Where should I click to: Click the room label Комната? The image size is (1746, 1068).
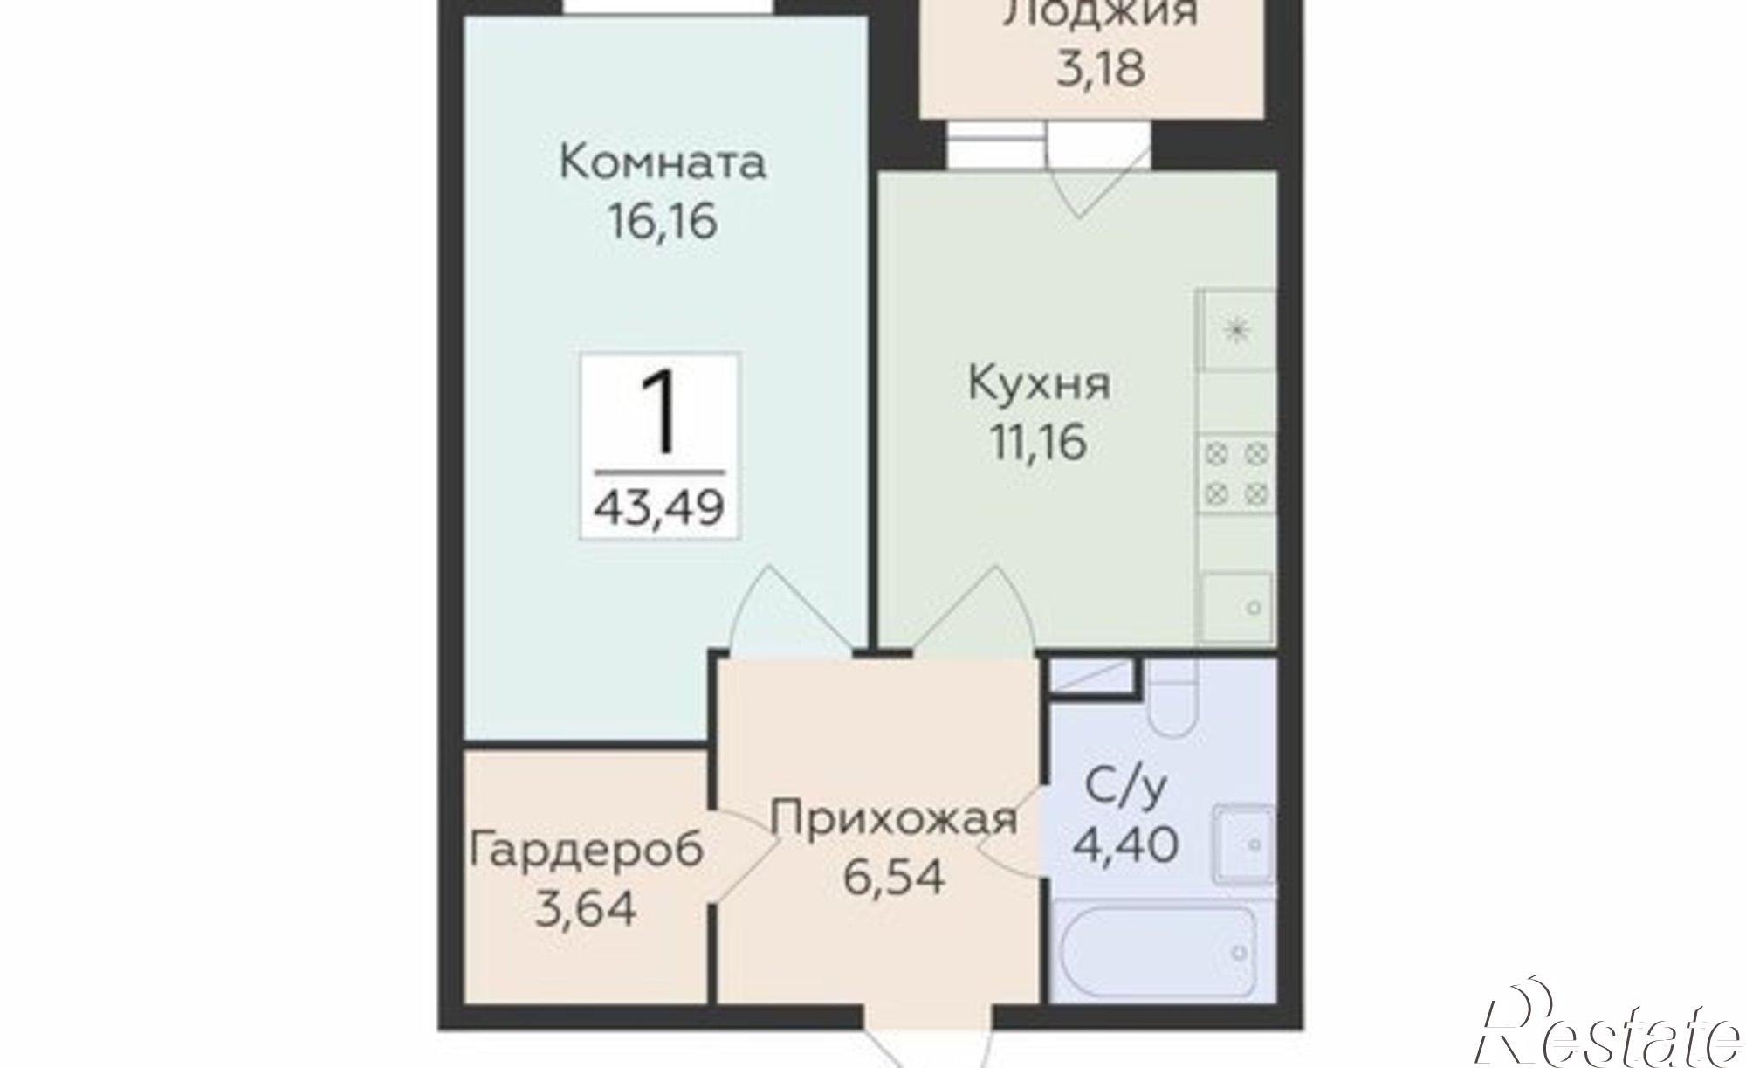(x=662, y=163)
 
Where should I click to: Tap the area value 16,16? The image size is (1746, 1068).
(x=662, y=221)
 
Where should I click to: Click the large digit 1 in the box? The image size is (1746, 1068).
(x=659, y=412)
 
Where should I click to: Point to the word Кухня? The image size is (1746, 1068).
(x=1039, y=384)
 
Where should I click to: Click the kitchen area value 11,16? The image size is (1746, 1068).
(x=1039, y=442)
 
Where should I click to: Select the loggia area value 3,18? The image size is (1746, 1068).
(x=1100, y=68)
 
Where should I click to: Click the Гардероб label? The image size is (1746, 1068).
(x=586, y=850)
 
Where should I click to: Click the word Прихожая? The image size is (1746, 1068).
(x=894, y=819)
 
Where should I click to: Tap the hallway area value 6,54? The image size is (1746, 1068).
(x=894, y=876)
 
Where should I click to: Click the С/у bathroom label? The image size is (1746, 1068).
(x=1126, y=789)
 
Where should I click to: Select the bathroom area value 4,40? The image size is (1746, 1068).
(x=1126, y=844)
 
